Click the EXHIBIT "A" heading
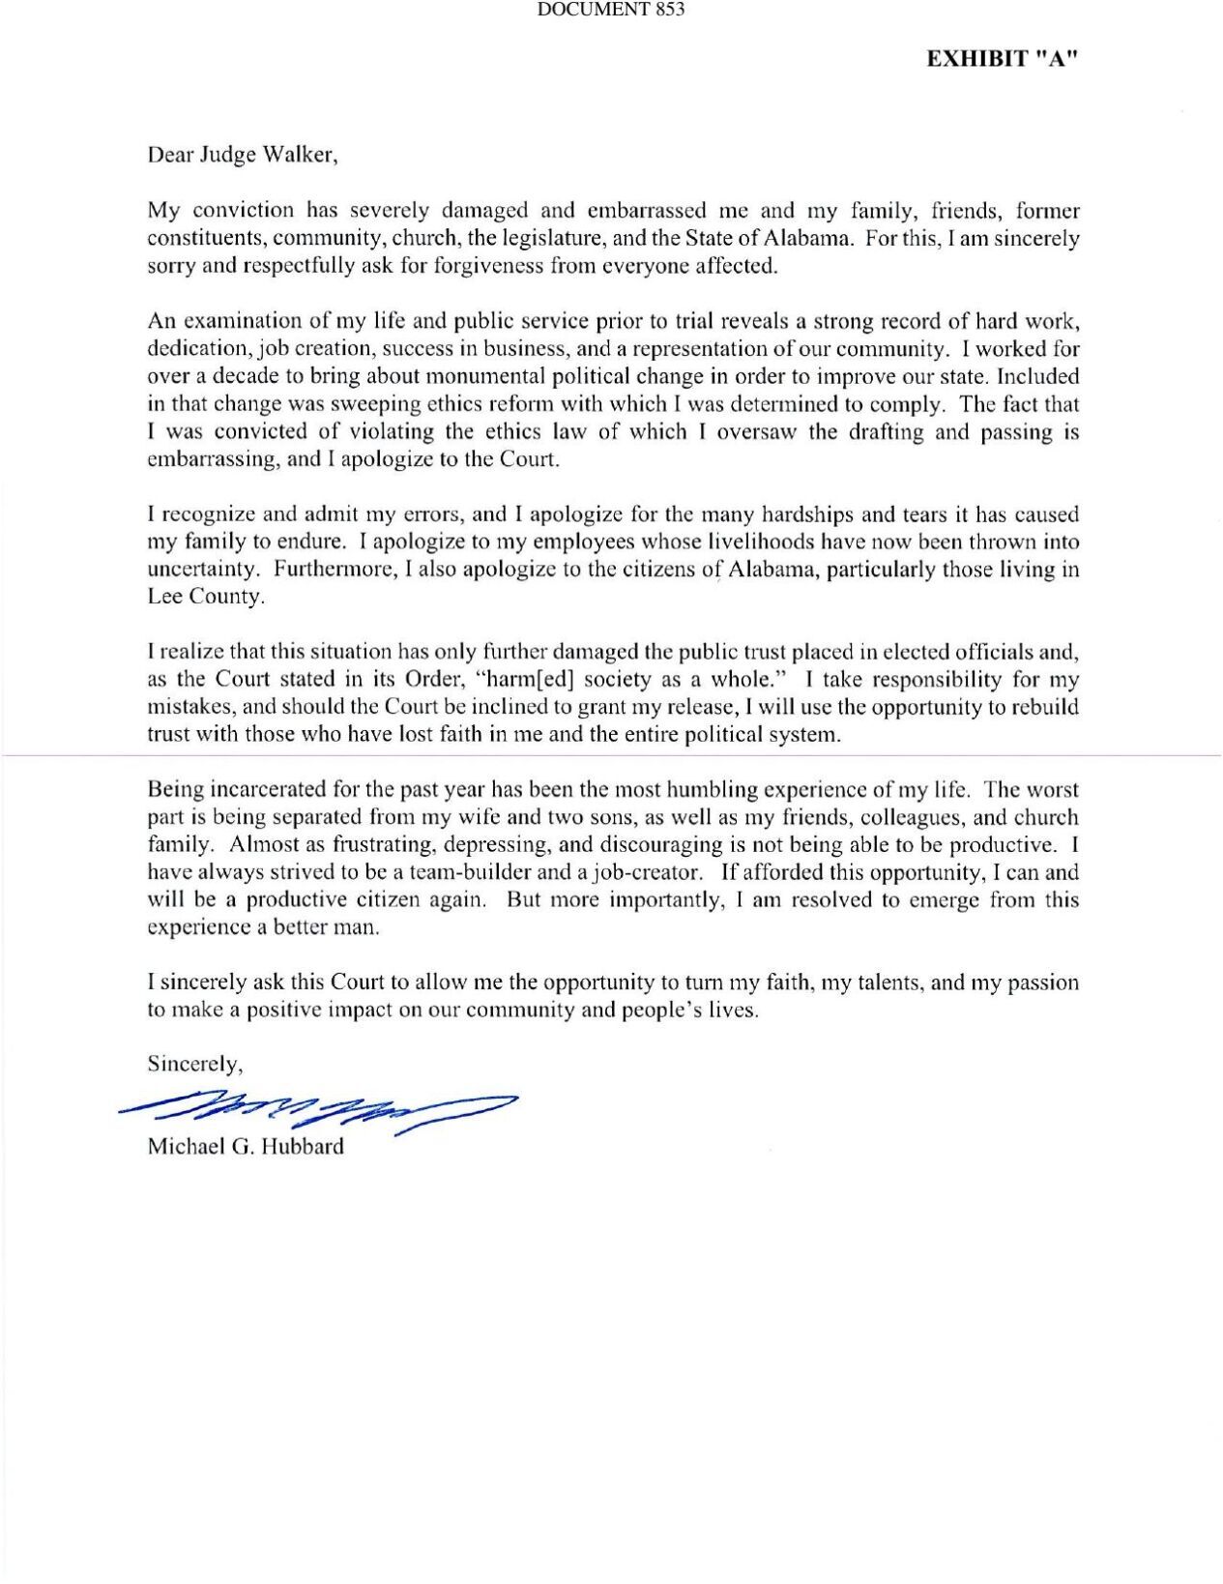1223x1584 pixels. [1002, 59]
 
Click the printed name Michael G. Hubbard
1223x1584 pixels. [245, 1148]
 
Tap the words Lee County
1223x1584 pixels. [205, 597]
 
